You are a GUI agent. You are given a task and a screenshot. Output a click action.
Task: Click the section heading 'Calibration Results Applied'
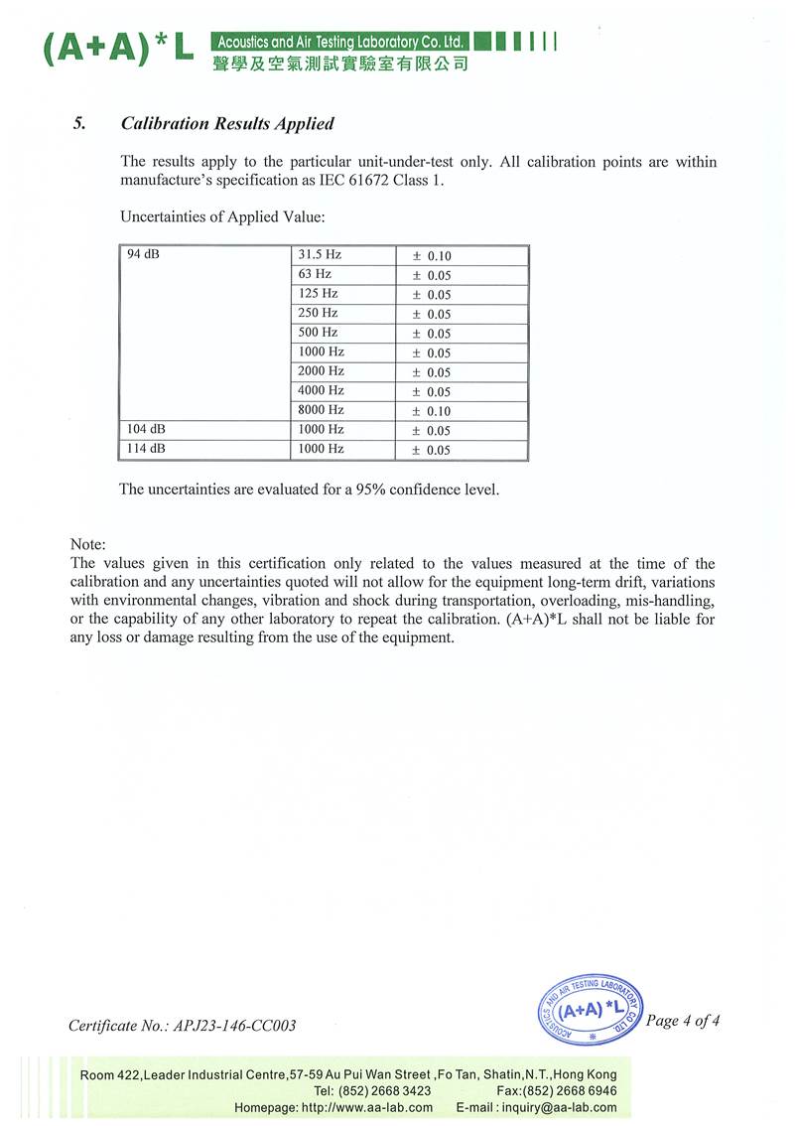click(226, 124)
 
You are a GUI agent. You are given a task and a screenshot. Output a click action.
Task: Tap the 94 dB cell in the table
click(144, 255)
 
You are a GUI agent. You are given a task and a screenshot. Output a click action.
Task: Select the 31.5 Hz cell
click(320, 255)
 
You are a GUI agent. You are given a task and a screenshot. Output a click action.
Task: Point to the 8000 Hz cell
click(321, 410)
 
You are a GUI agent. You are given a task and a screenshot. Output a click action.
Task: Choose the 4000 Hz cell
click(321, 390)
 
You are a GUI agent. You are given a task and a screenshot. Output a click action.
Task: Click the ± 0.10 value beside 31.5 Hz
click(432, 256)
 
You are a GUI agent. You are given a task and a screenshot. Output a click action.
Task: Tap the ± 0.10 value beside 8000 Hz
click(432, 411)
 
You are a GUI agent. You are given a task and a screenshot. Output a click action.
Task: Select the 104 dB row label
click(146, 429)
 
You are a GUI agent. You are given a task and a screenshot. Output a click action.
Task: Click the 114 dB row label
click(146, 449)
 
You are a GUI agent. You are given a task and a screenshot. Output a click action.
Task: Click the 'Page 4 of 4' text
click(682, 1021)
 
